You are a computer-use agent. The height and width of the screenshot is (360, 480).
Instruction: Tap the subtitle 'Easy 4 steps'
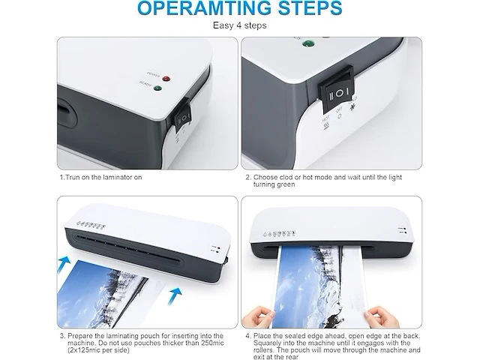tap(240, 26)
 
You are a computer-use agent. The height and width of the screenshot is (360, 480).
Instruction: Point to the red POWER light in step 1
tap(166, 78)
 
